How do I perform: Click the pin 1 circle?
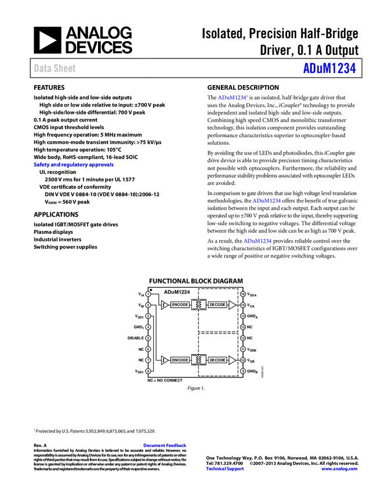[x=148, y=294]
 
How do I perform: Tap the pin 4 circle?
[x=148, y=327]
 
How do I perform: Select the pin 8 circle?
[x=148, y=371]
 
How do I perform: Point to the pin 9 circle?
[x=243, y=371]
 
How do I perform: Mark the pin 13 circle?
[x=243, y=327]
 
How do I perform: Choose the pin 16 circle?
[x=243, y=294]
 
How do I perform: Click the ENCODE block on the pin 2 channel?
[x=180, y=305]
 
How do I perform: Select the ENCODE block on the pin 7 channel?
[x=180, y=360]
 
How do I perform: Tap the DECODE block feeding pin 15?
[x=217, y=305]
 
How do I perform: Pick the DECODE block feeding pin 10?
[x=217, y=360]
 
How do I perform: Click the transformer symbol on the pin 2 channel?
[x=199, y=305]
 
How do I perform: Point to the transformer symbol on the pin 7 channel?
[x=199, y=360]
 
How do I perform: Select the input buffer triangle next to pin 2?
[x=165, y=305]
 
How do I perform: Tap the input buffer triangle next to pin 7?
[x=165, y=360]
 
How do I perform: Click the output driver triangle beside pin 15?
[x=232, y=305]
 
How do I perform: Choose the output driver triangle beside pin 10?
[x=232, y=360]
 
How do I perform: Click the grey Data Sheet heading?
[x=55, y=68]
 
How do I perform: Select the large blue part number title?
[x=329, y=68]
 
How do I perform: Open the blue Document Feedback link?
[x=165, y=446]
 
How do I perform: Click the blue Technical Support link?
[x=225, y=469]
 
